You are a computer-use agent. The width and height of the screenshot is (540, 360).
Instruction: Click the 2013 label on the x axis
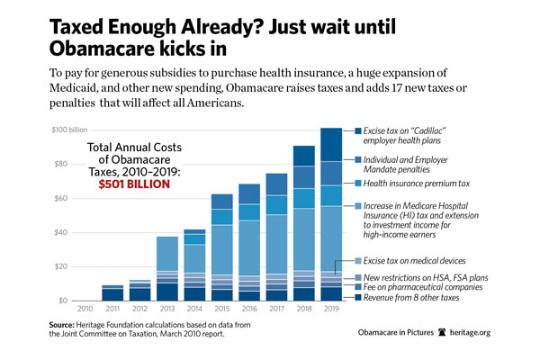(166, 309)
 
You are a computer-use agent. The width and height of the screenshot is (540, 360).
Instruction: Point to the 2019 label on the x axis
(331, 309)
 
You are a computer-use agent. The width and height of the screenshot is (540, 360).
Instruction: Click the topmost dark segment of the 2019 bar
(331, 144)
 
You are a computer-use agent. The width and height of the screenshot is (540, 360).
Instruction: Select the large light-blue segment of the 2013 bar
(166, 253)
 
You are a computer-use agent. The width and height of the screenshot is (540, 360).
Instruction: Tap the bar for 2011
(112, 292)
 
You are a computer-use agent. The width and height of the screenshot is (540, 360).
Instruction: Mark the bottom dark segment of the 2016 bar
(248, 295)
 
